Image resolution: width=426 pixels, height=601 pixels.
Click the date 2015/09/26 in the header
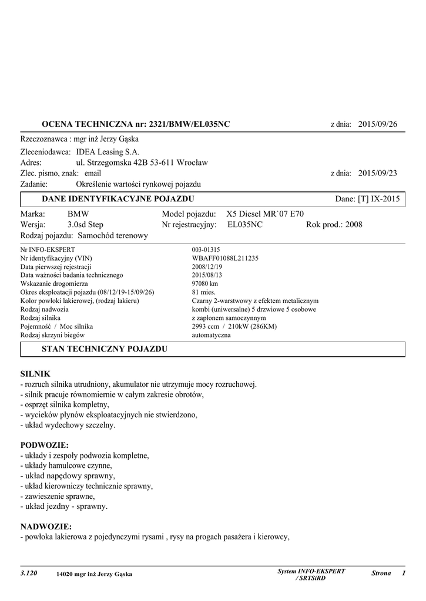point(378,124)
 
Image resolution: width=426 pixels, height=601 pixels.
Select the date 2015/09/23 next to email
point(378,173)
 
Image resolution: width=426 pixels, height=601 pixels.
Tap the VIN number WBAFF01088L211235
point(225,258)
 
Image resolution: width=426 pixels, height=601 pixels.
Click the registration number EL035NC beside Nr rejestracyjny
point(244,225)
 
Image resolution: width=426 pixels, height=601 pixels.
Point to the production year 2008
point(354,225)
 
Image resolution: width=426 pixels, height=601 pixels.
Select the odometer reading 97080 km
point(205,283)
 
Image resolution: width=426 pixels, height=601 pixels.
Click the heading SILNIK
point(35,373)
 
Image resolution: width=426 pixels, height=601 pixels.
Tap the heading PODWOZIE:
point(45,444)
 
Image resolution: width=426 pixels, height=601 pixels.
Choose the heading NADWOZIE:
point(46,526)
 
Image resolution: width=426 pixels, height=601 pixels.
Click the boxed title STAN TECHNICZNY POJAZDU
point(105,349)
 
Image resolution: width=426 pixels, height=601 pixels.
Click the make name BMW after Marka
point(78,214)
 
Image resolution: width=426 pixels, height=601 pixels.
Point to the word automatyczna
point(212,335)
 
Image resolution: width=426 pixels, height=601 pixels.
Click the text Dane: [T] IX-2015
point(367,199)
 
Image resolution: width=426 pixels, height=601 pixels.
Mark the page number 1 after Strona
point(404,573)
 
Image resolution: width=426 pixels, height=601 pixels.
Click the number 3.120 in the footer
point(29,573)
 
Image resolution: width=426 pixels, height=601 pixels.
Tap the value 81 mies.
point(204,292)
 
